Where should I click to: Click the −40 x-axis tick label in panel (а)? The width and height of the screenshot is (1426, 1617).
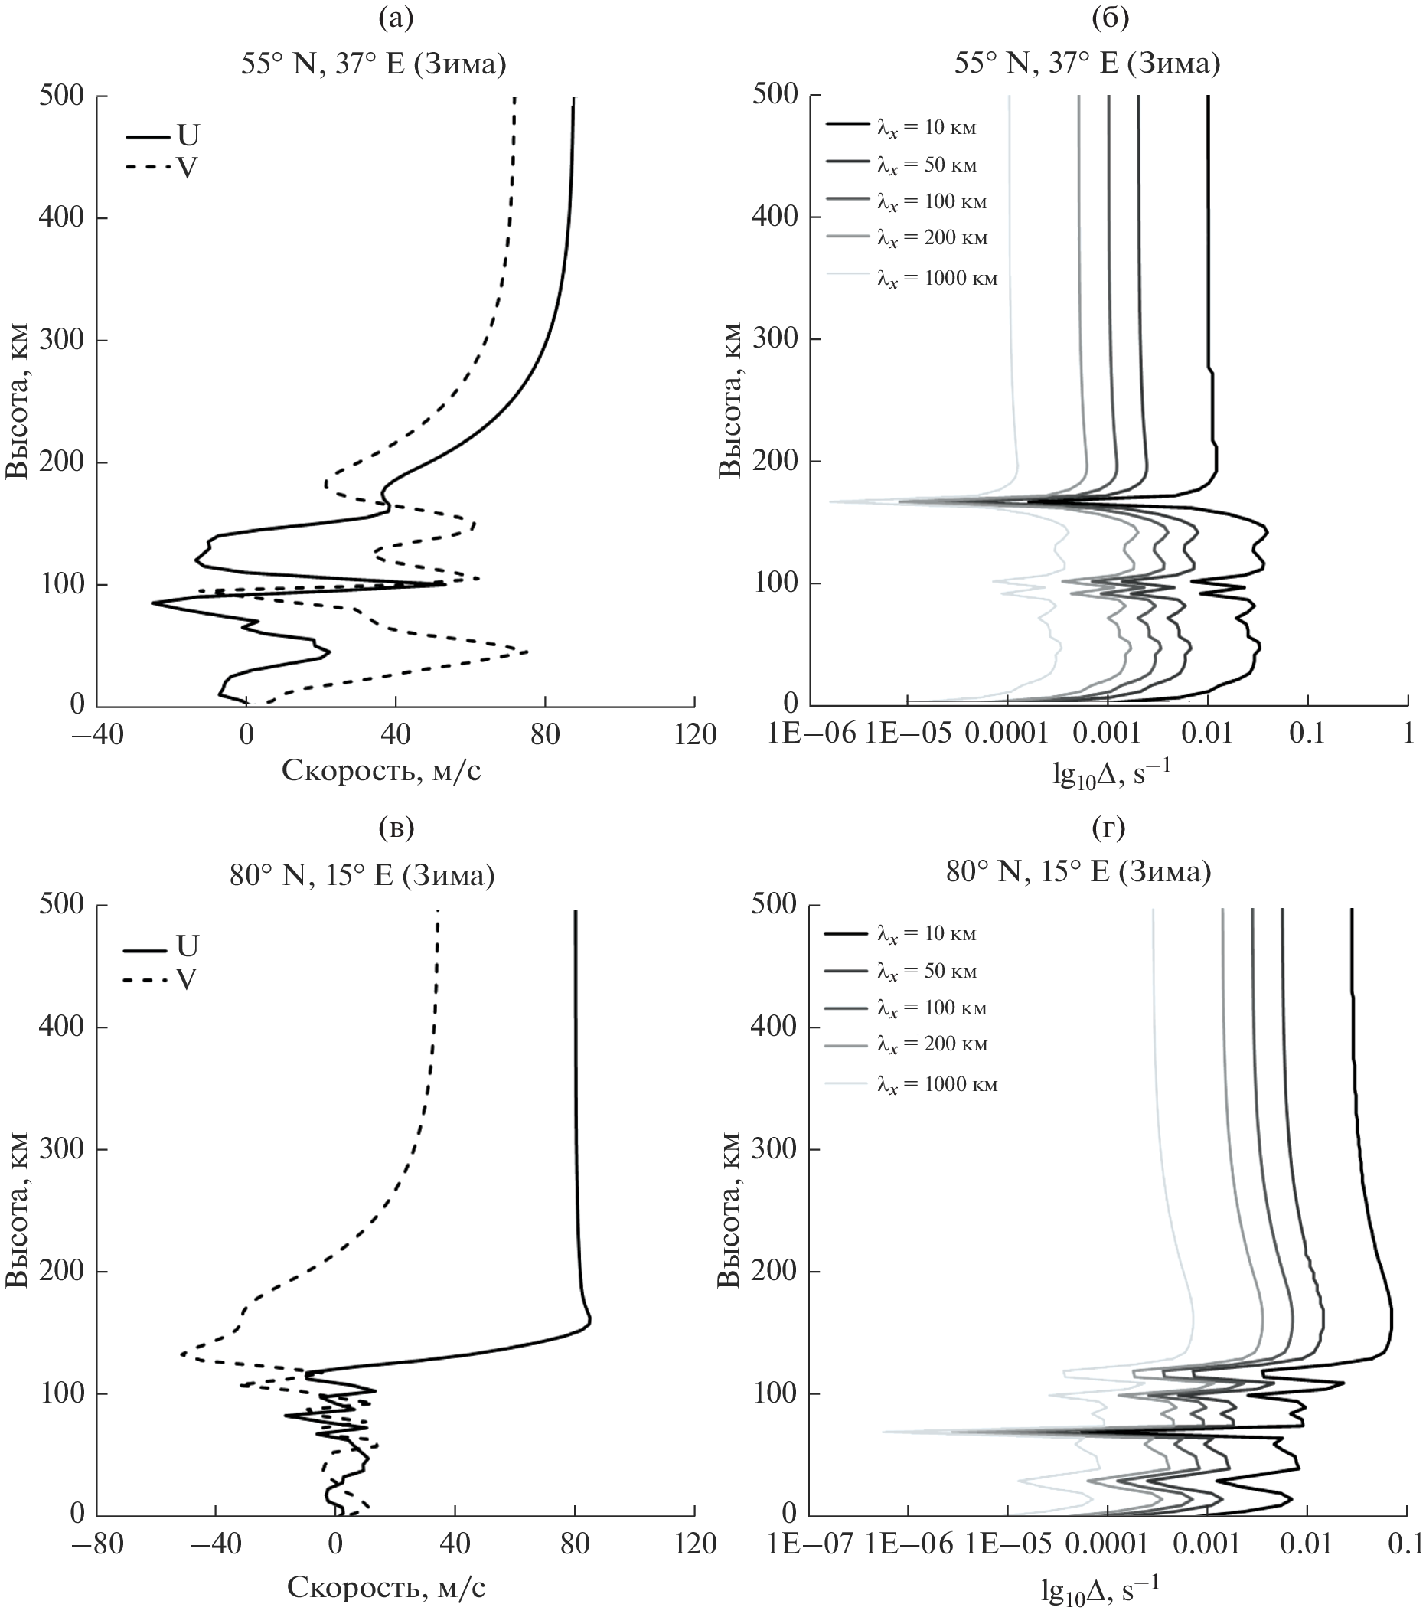point(97,735)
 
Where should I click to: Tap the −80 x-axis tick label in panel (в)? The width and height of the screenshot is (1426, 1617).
point(97,1543)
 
